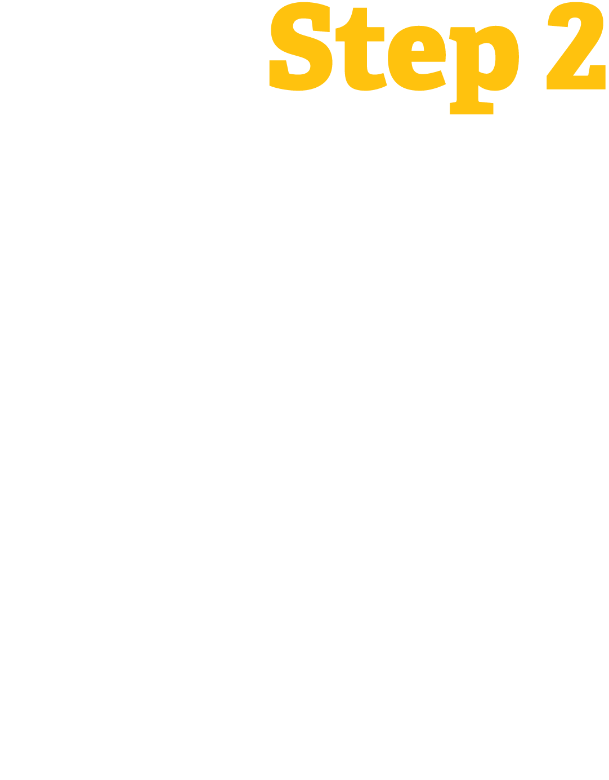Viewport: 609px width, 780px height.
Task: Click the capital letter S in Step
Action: [x=301, y=47]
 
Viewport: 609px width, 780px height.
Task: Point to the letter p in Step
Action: [x=484, y=62]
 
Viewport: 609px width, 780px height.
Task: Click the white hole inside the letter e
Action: [x=418, y=46]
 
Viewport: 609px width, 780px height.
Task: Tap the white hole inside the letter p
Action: [x=486, y=58]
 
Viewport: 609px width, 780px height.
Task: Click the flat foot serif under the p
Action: [x=472, y=109]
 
